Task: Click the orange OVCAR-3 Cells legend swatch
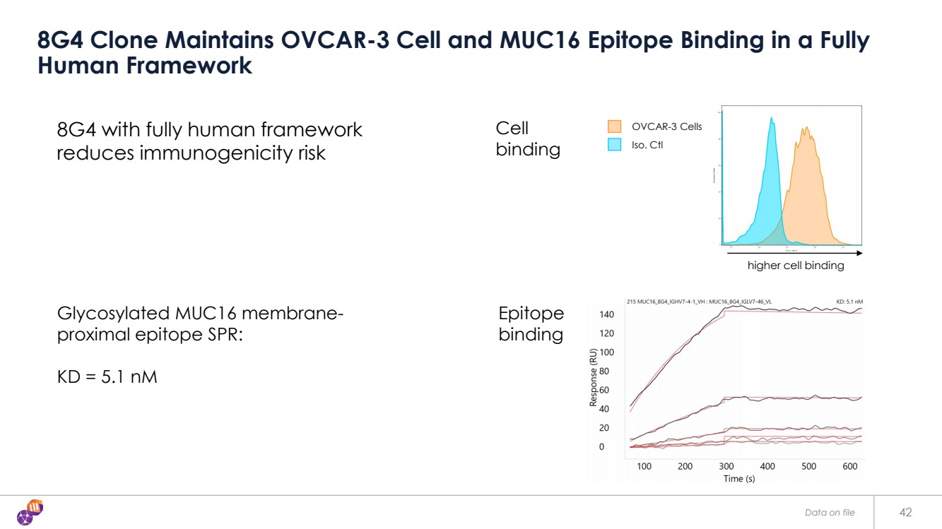click(x=614, y=126)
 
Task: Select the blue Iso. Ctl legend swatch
click(x=614, y=145)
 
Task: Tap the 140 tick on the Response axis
click(x=607, y=314)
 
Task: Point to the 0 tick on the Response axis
click(x=601, y=446)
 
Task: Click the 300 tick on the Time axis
click(x=726, y=466)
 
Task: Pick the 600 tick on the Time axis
click(x=850, y=466)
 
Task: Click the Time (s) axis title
click(x=738, y=479)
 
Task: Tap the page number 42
click(x=905, y=512)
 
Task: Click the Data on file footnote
click(x=830, y=512)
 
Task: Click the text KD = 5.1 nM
click(x=107, y=376)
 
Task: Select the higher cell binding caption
click(x=796, y=266)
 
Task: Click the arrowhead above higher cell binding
click(x=859, y=252)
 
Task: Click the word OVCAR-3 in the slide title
click(x=334, y=40)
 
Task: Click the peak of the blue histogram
click(x=772, y=119)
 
